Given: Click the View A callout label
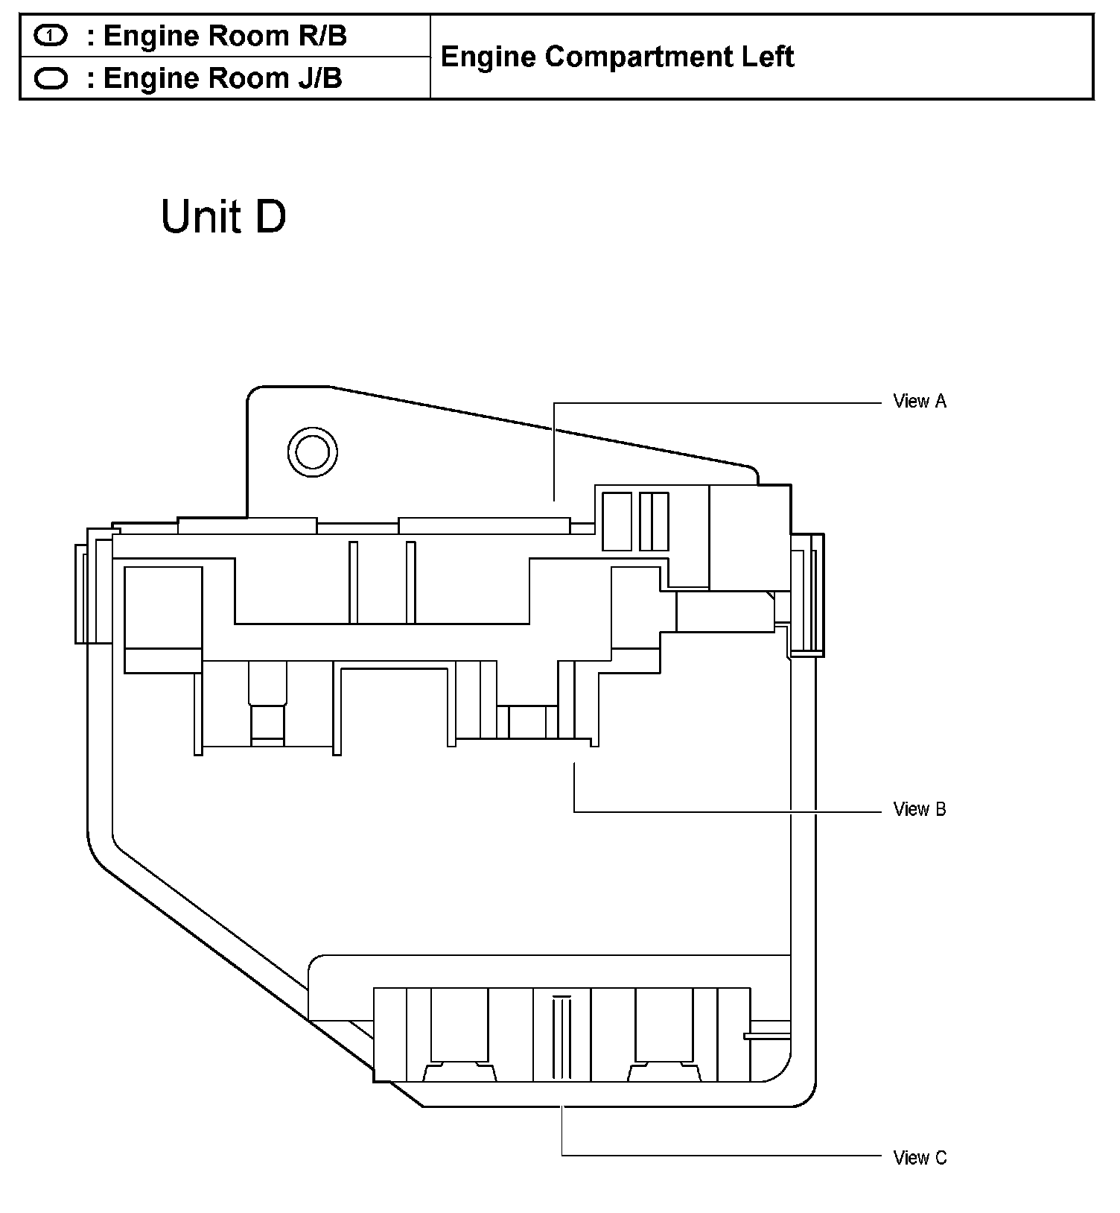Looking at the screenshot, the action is coord(920,402).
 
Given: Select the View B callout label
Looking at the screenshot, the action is coord(920,809).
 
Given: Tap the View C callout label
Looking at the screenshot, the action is coord(920,1157).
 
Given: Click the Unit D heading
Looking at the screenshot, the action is coord(223,217).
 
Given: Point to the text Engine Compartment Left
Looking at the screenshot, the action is coord(617,57).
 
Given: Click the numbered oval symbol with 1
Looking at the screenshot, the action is coord(51,36).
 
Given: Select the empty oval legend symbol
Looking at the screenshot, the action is coord(51,78).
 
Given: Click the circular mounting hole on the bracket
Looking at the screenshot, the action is coord(312,451).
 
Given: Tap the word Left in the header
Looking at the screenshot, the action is coord(768,57).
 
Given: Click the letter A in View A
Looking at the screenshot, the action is coord(941,402).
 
